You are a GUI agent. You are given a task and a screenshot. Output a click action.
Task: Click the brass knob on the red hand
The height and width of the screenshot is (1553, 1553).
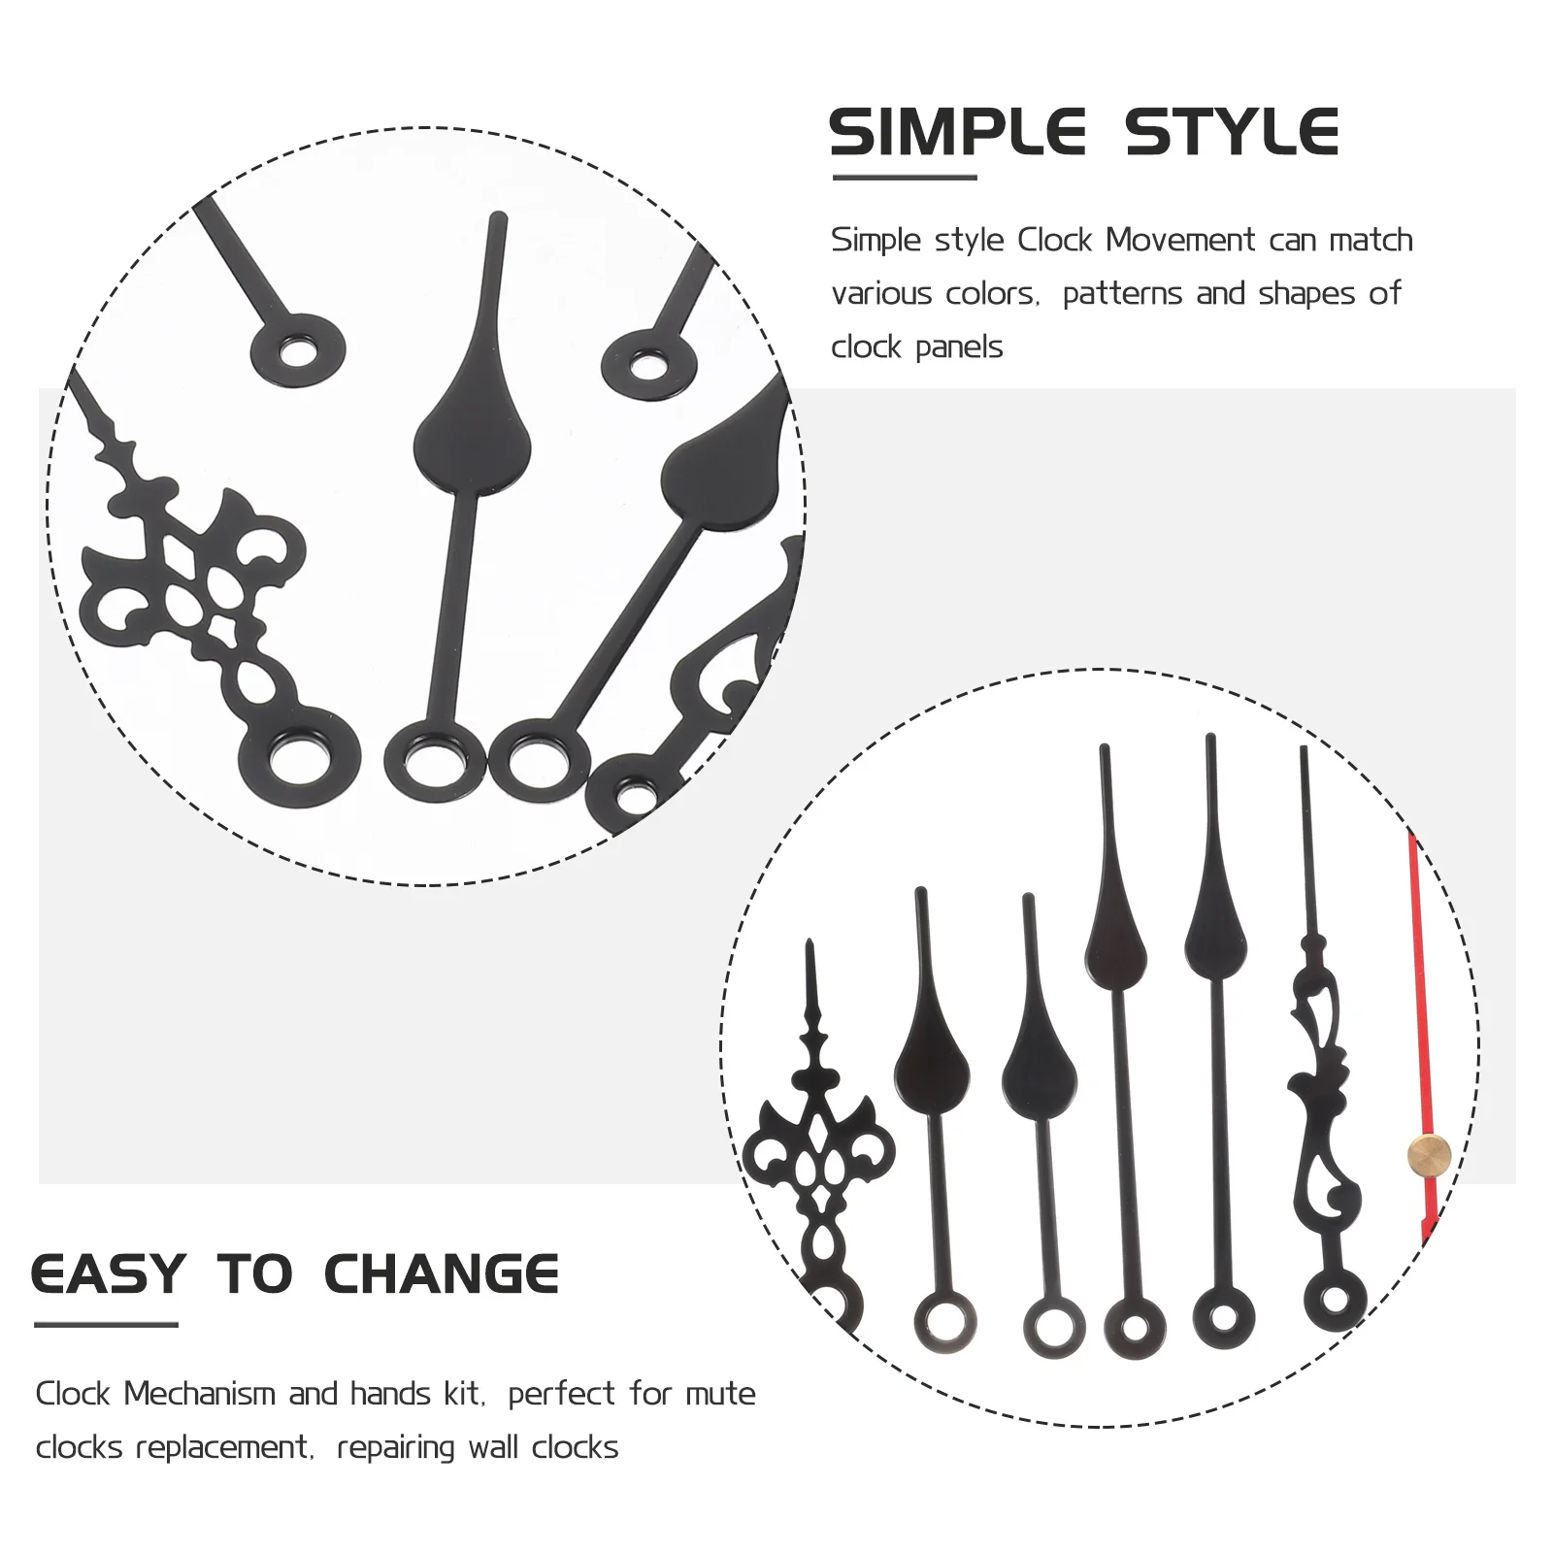point(1429,1155)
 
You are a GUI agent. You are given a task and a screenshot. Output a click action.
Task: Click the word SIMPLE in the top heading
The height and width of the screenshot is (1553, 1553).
point(957,133)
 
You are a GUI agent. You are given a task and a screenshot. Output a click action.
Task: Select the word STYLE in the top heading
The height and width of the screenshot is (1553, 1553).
point(1232,133)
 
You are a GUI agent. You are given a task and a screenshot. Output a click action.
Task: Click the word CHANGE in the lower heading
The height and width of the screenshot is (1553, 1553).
point(441,1274)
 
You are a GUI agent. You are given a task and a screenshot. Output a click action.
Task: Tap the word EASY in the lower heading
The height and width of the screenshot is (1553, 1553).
point(108,1274)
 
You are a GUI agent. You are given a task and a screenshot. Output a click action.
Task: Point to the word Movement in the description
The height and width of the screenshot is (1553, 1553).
point(1180,240)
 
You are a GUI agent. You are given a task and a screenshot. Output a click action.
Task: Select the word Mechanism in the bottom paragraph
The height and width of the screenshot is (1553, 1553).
point(200,1394)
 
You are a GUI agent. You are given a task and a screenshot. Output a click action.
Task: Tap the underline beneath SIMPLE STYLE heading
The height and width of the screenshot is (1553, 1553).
point(905,178)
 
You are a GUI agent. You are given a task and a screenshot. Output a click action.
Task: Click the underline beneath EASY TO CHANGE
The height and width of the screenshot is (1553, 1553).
point(106,1324)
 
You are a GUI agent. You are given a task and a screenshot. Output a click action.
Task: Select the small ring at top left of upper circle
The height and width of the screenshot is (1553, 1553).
point(298,350)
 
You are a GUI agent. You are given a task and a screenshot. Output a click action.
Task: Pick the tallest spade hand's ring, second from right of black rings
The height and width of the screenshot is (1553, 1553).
point(1223,1317)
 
